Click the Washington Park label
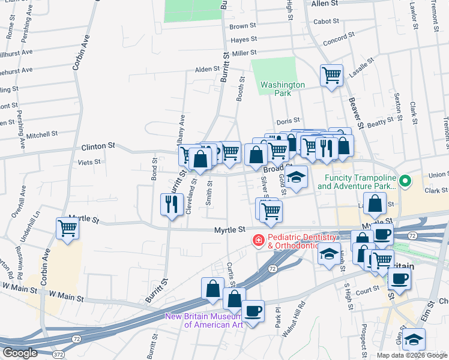point(283,89)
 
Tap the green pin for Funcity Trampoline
point(406,179)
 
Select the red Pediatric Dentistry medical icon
point(258,241)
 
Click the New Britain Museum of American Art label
point(204,320)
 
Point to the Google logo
point(20,353)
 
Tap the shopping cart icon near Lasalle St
point(331,76)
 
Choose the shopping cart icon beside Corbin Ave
point(68,228)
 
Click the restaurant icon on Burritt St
point(172,205)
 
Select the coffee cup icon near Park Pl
point(253,311)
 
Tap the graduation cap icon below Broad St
point(295,177)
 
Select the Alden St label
point(207,70)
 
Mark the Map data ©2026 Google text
point(412,355)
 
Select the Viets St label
point(89,162)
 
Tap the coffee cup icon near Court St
point(400,278)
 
